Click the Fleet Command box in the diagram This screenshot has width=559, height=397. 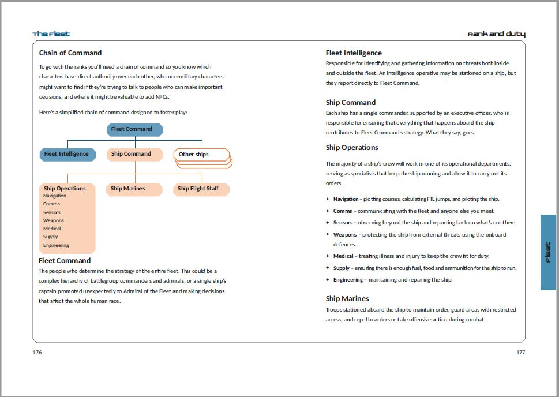coord(135,129)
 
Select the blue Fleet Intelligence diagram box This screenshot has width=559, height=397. coord(67,154)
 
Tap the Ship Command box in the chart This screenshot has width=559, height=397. coord(135,154)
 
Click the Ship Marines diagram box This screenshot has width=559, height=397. coord(134,189)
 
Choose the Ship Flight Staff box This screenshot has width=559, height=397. coord(201,189)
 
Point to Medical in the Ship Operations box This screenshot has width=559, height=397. coord(52,229)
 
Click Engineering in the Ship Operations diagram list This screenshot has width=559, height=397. coord(56,245)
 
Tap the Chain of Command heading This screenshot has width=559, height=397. coord(70,53)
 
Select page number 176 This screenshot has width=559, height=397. coord(37,352)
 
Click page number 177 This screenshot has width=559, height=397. coord(520,352)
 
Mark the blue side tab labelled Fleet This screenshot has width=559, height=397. coord(548,252)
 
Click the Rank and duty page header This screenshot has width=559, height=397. coord(496,35)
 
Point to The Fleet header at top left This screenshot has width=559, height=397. coord(51,35)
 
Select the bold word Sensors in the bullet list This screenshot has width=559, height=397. coord(343,223)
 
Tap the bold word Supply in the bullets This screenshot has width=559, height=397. coord(342,268)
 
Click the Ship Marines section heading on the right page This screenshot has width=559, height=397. coord(347,299)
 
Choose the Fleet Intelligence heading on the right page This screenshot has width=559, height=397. coord(354,53)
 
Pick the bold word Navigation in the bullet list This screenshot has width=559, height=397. coord(346,199)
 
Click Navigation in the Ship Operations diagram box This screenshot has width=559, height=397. coord(55,196)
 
